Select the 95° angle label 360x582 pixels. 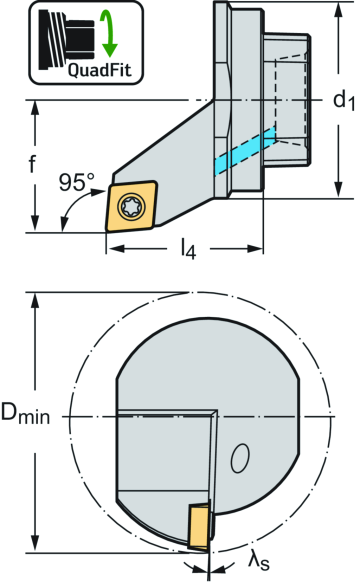pos(77,184)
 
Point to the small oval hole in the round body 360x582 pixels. pos(239,459)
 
